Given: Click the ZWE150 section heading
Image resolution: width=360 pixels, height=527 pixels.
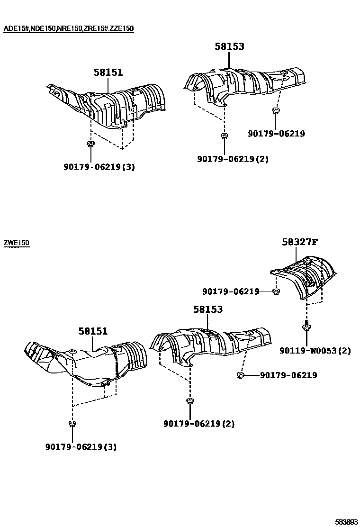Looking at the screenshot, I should pos(17,243).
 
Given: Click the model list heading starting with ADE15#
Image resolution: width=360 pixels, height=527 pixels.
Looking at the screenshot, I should pos(69,28).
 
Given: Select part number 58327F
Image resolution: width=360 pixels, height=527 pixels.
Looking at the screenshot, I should pos(299,242).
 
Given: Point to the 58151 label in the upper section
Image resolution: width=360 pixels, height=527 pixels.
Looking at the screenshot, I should pos(108,73).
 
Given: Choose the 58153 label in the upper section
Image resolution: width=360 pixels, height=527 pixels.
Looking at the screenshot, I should pos(229,46).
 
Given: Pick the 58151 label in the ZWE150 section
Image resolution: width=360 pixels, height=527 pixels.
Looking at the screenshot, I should pos(93,332).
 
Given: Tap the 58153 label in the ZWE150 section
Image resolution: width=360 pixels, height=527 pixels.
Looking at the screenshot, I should pos(207,309).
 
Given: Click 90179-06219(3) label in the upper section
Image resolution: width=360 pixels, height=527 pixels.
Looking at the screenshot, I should pos(99,167).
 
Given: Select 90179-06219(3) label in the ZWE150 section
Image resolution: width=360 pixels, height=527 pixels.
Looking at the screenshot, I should pos(81,446).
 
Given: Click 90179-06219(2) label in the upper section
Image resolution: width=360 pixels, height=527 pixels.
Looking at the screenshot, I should pos(233,159).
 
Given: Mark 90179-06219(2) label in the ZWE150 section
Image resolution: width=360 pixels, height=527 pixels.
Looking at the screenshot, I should pos(199,424).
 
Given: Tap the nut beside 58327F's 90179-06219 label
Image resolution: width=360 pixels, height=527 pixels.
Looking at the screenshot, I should pos(275,291).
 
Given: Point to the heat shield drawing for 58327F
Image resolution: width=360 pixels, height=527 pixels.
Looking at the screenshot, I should pos(306,277).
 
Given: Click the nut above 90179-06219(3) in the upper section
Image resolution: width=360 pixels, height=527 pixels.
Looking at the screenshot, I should pos(90,144).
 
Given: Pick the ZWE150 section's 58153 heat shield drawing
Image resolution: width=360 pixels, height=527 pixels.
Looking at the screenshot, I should pos(211,344).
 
